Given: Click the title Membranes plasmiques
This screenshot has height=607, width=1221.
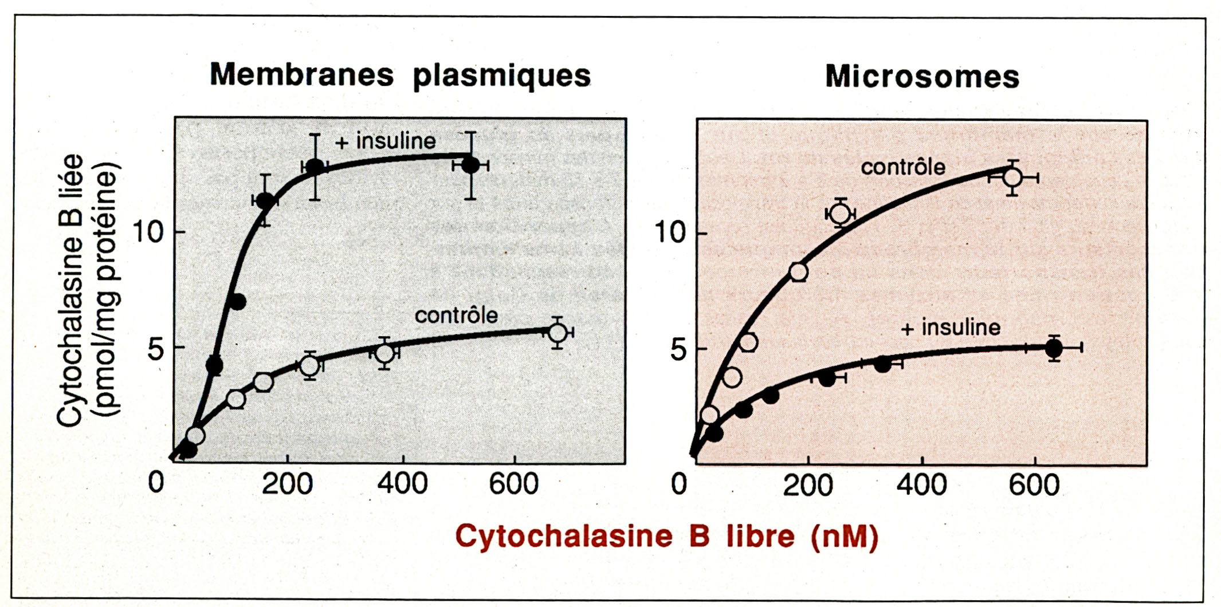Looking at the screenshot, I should coord(400,76).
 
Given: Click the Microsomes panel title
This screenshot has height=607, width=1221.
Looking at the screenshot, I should coord(922,77).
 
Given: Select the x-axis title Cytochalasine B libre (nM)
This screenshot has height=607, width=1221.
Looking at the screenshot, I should coord(666,537).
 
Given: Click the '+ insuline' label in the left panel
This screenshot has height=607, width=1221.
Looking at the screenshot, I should coord(386,141).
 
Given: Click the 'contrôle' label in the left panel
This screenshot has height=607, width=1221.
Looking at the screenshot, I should coord(456,315).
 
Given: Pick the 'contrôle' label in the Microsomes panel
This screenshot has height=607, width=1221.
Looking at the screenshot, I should coord(903,167).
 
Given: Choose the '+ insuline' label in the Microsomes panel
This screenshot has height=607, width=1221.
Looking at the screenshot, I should coord(951,328).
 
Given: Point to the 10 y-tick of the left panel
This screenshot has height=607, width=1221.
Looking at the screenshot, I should coord(148,232).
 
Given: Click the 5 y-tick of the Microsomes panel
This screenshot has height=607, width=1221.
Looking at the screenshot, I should coord(678,349).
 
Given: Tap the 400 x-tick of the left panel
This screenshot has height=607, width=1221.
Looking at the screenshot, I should coord(402,484).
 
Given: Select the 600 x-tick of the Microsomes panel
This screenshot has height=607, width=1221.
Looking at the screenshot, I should coord(1034,486).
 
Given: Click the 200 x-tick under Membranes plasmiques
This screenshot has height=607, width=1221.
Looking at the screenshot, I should coord(288,484).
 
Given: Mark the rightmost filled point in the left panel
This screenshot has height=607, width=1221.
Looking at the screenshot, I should coord(470,165).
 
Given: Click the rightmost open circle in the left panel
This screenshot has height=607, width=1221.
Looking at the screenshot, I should coord(558,332).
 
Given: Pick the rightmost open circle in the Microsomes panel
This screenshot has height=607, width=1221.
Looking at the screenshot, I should coord(1012,178).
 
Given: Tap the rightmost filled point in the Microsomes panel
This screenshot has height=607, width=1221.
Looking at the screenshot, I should coord(1054,348).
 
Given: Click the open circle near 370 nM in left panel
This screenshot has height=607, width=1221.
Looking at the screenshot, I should coord(385,353).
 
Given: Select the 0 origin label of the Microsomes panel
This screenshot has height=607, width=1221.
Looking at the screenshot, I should coord(679,484).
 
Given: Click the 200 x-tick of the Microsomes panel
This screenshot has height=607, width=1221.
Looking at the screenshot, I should coord(808,486).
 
